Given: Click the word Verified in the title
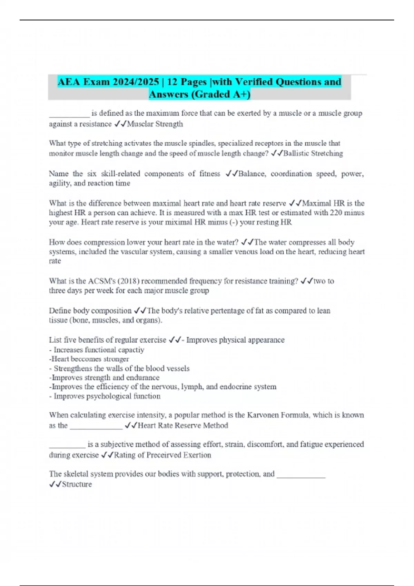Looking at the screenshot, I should coord(255,82).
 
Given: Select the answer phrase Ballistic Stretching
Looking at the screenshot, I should coord(313,153).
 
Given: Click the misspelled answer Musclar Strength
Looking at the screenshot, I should coord(155,124).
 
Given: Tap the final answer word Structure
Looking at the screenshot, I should coord(77,484).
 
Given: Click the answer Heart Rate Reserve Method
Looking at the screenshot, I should coord(183,426).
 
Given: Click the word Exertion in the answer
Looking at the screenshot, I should coord(197,455).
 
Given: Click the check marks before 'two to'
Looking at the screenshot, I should coord(307,281).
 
